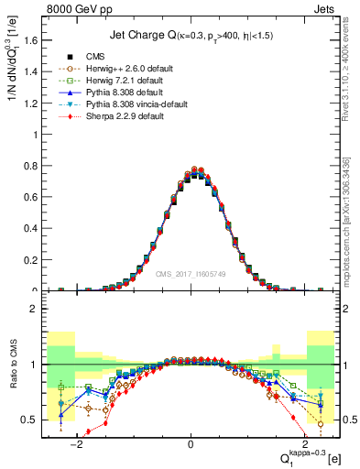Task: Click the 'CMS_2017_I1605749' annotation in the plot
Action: coord(191,274)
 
